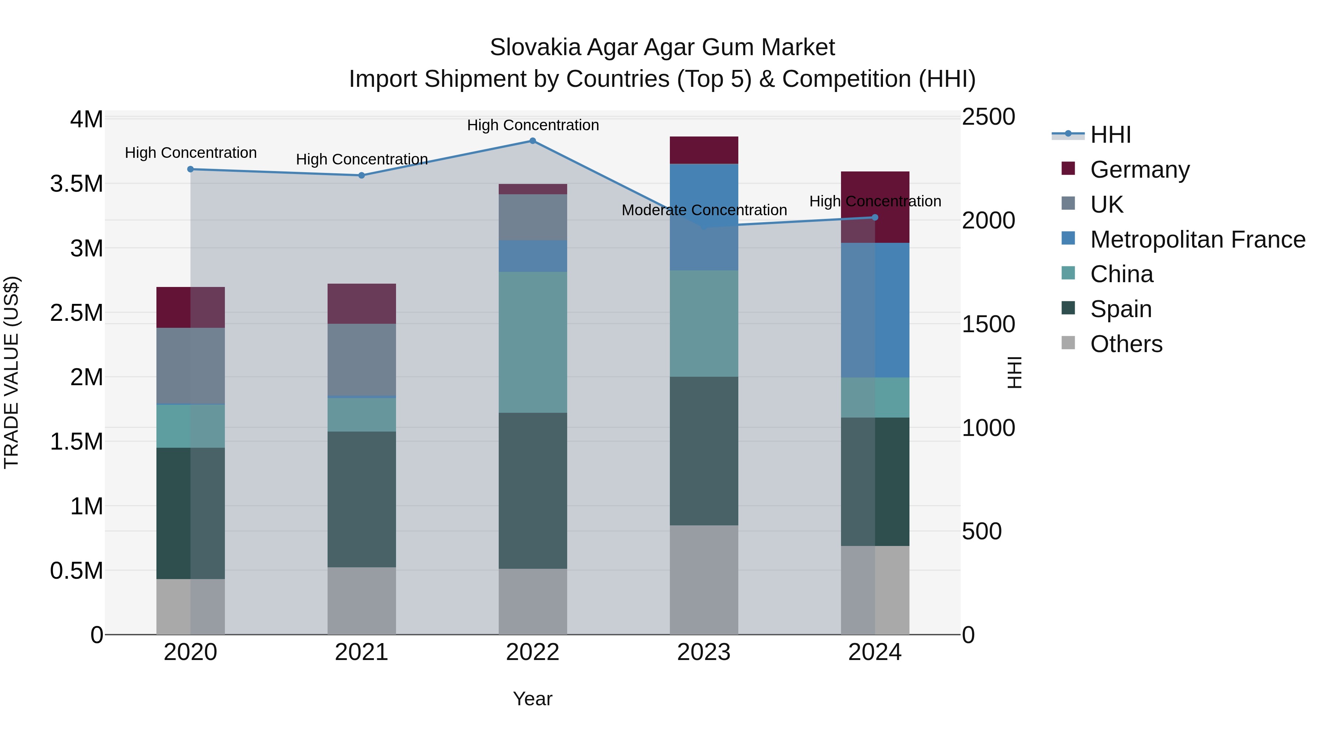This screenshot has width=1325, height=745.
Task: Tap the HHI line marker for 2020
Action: pos(190,169)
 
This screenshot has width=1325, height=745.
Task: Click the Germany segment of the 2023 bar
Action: pos(704,150)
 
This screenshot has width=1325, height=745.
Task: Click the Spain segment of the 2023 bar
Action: pos(704,451)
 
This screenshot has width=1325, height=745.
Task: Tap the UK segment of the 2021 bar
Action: pos(361,359)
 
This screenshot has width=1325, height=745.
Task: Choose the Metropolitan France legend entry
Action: pos(1197,240)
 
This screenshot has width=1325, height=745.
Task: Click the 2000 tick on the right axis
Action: pos(988,221)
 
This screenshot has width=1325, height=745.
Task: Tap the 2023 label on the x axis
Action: pos(704,652)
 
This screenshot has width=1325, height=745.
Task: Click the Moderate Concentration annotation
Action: pos(704,210)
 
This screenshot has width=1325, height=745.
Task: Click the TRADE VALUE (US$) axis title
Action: pos(11,372)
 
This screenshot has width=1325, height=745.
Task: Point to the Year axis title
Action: pos(532,699)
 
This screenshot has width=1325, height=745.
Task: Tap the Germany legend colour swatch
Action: pos(1068,168)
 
